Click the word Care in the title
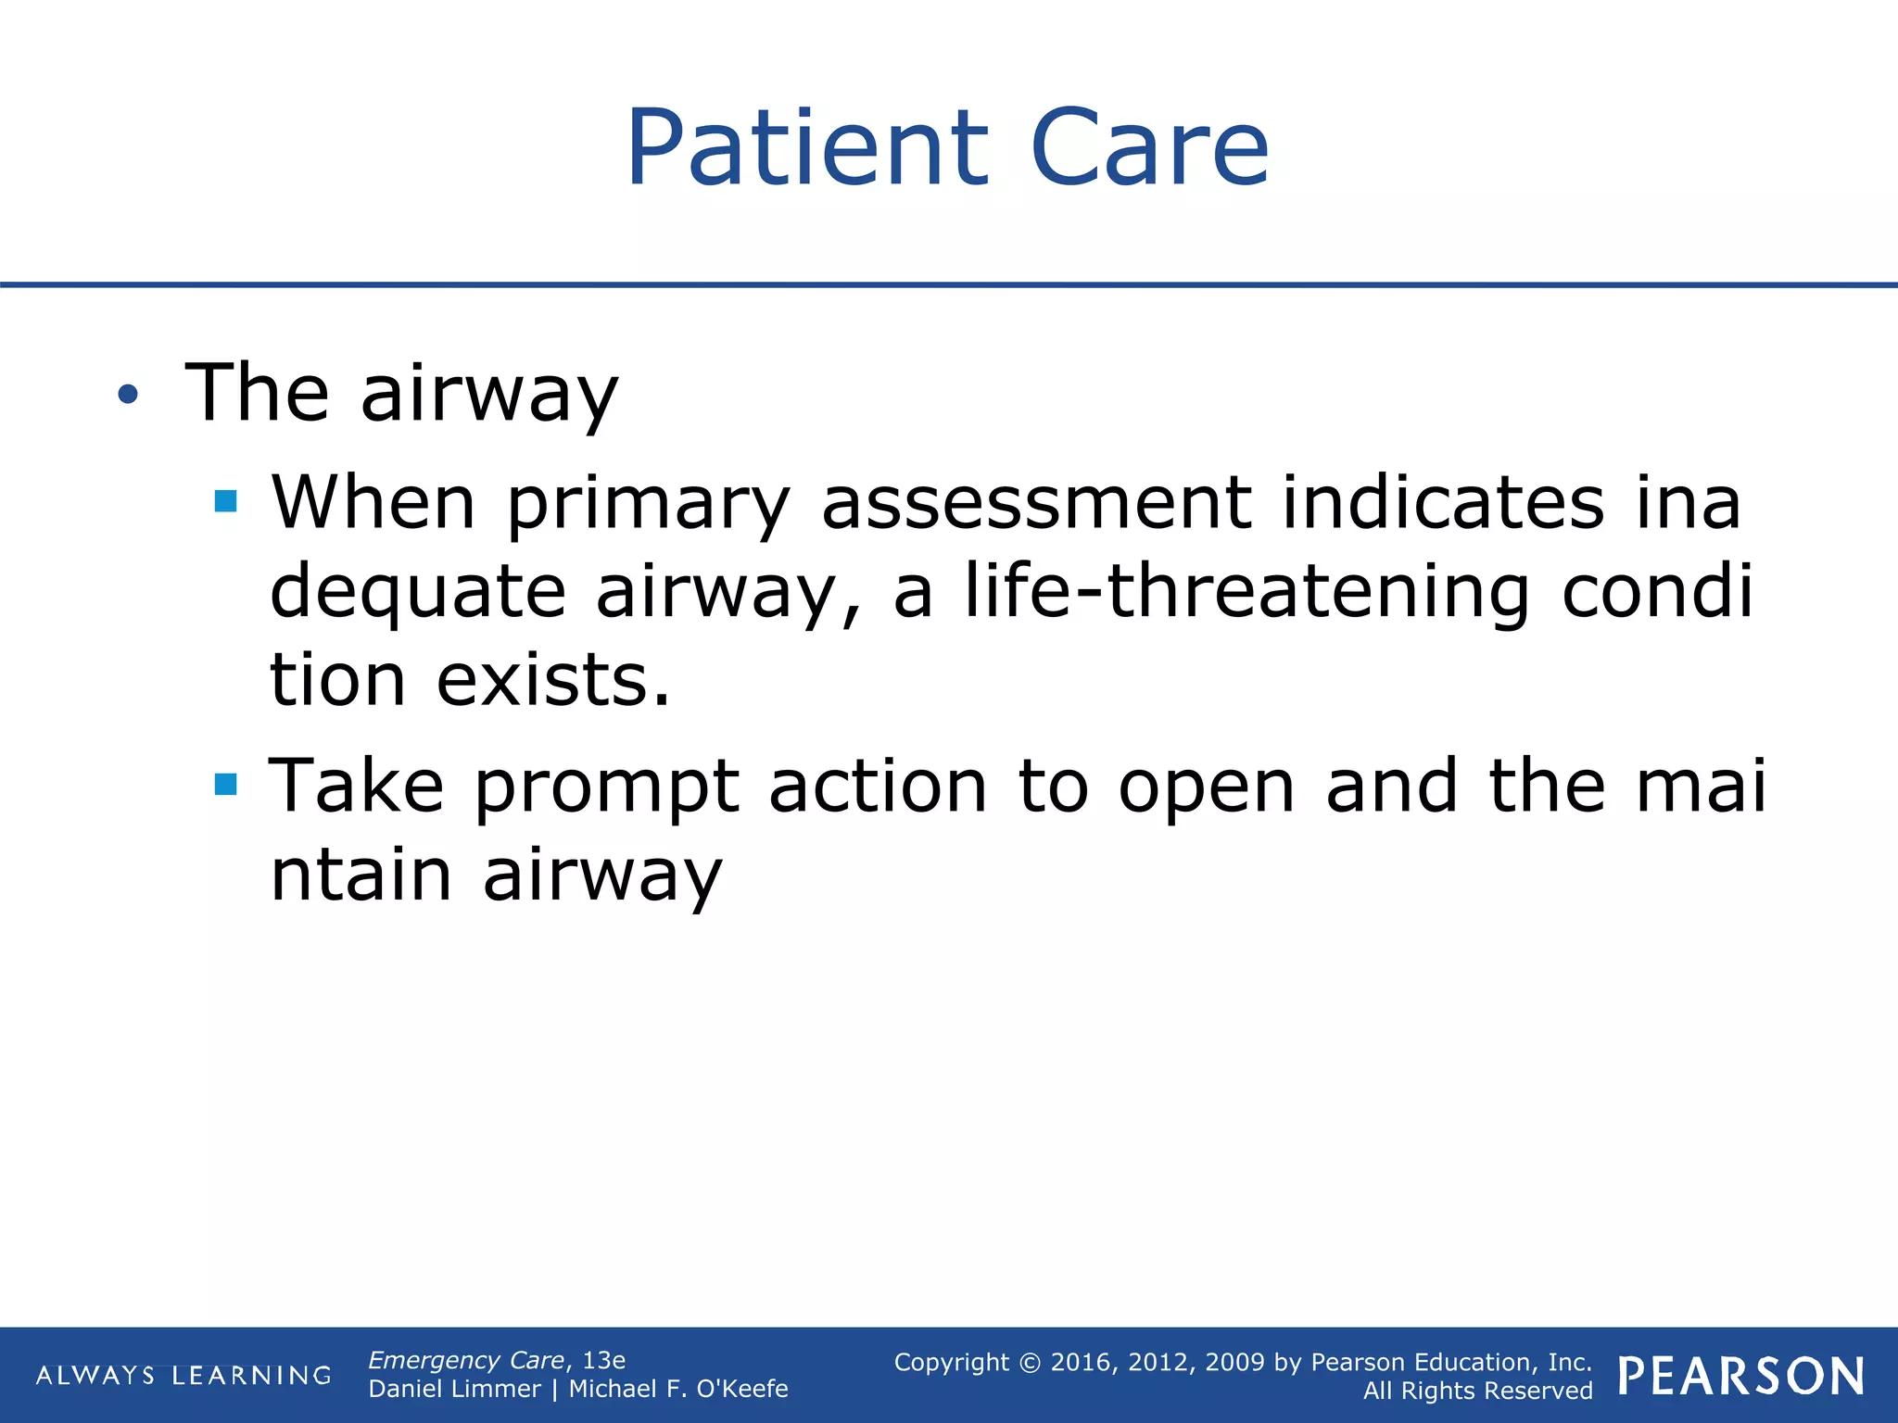(1149, 148)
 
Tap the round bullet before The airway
(128, 396)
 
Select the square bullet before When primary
(225, 502)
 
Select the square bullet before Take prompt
(225, 786)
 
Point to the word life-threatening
(1246, 590)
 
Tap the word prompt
(607, 787)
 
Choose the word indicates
(1442, 502)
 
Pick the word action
(878, 786)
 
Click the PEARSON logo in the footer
(1740, 1376)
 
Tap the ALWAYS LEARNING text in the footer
(183, 1375)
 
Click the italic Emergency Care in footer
(466, 1360)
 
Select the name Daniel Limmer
(454, 1389)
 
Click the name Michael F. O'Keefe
(677, 1389)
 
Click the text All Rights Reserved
(1477, 1391)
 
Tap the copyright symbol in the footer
(1030, 1363)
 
